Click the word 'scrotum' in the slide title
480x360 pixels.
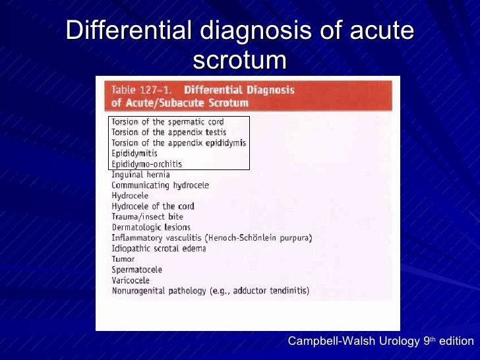pyautogui.click(x=240, y=60)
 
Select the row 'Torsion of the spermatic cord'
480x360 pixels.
pyautogui.click(x=167, y=122)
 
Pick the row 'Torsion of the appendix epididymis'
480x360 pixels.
pyautogui.click(x=178, y=142)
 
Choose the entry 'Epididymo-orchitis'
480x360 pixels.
pyautogui.click(x=146, y=164)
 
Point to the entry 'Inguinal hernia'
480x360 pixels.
pyautogui.click(x=140, y=175)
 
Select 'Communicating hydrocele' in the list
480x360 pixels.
pyautogui.click(x=160, y=185)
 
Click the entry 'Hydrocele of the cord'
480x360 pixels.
pyautogui.click(x=152, y=206)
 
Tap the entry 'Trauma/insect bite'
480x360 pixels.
pyautogui.click(x=147, y=217)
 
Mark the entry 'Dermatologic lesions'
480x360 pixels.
pyautogui.click(x=151, y=227)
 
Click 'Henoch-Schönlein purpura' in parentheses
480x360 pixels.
pyautogui.click(x=258, y=238)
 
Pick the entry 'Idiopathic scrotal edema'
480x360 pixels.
pyautogui.click(x=158, y=249)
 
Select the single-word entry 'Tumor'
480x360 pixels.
pyautogui.click(x=123, y=259)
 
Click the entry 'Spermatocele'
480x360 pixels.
pyautogui.click(x=136, y=270)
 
